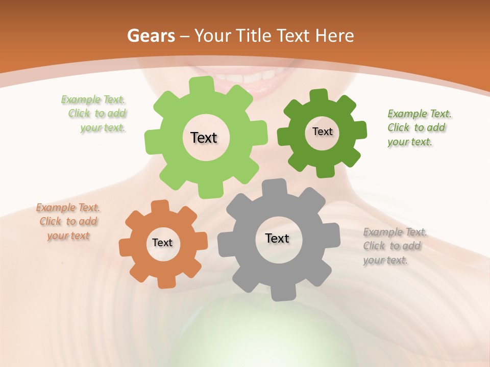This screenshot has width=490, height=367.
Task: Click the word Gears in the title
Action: [x=151, y=36]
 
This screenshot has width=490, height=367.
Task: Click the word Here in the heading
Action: [x=334, y=36]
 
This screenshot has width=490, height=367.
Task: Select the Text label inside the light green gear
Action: [x=204, y=138]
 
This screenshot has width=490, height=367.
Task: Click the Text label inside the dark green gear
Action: [x=322, y=132]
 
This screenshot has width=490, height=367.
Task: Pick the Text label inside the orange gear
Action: [x=162, y=243]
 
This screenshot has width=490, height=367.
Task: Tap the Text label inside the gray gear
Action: [x=277, y=239]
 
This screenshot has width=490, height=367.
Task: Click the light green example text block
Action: [x=95, y=114]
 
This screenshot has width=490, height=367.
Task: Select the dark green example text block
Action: [x=419, y=128]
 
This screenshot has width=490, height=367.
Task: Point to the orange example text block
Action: [x=68, y=222]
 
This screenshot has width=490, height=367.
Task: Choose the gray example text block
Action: [x=394, y=246]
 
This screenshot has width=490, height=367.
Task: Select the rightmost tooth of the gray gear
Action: [x=333, y=235]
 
